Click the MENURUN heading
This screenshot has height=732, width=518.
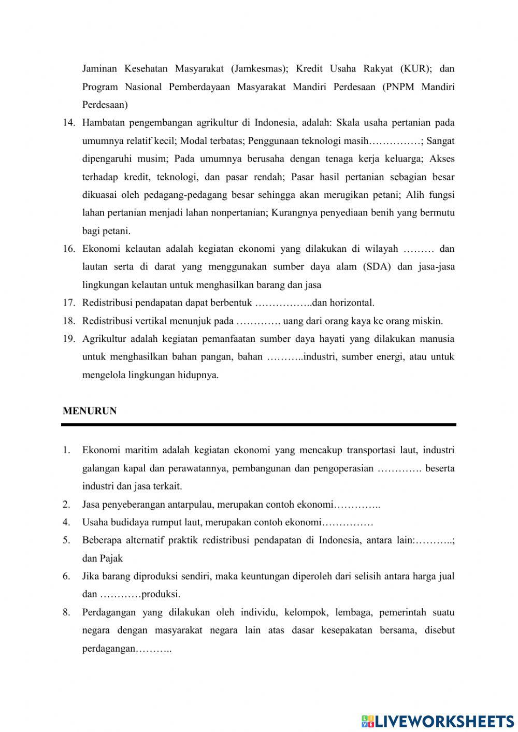click(90, 411)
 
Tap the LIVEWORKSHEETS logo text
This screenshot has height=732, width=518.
click(444, 721)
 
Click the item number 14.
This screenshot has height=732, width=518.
click(69, 123)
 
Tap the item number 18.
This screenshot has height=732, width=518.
click(69, 321)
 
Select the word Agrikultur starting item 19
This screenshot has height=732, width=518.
click(104, 339)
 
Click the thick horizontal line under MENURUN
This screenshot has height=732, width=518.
click(258, 425)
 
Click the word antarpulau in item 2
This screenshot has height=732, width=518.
click(194, 505)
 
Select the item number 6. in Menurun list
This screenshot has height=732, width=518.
click(66, 576)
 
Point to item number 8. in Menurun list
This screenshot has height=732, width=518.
click(66, 612)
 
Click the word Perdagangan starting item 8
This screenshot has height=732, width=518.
click(108, 612)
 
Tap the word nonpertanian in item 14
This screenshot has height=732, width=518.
click(239, 213)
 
